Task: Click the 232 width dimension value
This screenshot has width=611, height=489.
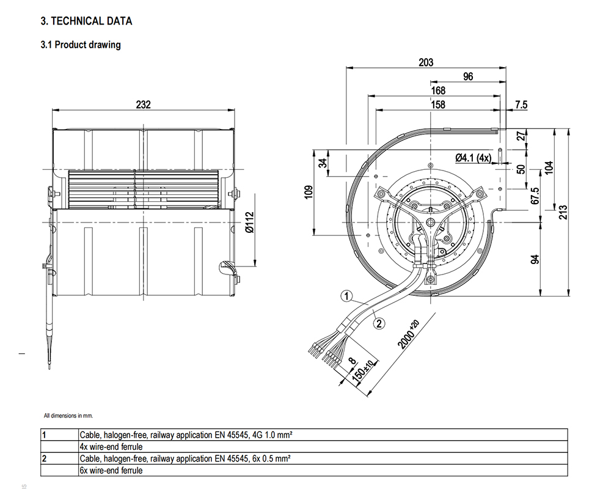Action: pyautogui.click(x=143, y=104)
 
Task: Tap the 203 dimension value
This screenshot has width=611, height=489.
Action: pyautogui.click(x=426, y=62)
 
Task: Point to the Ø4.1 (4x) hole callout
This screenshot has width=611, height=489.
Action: pyautogui.click(x=474, y=158)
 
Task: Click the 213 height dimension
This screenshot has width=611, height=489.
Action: pyautogui.click(x=563, y=212)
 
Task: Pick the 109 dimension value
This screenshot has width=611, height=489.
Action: pyautogui.click(x=309, y=193)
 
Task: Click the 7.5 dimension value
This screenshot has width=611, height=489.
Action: pyautogui.click(x=521, y=105)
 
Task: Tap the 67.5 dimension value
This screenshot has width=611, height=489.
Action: pyautogui.click(x=535, y=196)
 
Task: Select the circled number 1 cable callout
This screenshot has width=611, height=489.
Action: pyautogui.click(x=346, y=297)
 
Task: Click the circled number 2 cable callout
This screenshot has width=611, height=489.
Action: pyautogui.click(x=379, y=323)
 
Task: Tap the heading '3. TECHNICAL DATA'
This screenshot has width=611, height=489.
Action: pyautogui.click(x=86, y=21)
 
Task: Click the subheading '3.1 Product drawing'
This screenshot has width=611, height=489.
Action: pyautogui.click(x=81, y=45)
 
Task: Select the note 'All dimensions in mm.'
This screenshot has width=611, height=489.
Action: pyautogui.click(x=68, y=416)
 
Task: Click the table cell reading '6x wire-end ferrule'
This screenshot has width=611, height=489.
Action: pyautogui.click(x=111, y=470)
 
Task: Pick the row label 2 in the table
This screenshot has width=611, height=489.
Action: pyautogui.click(x=45, y=458)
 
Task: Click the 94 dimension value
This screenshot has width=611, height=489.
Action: pyautogui.click(x=535, y=259)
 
